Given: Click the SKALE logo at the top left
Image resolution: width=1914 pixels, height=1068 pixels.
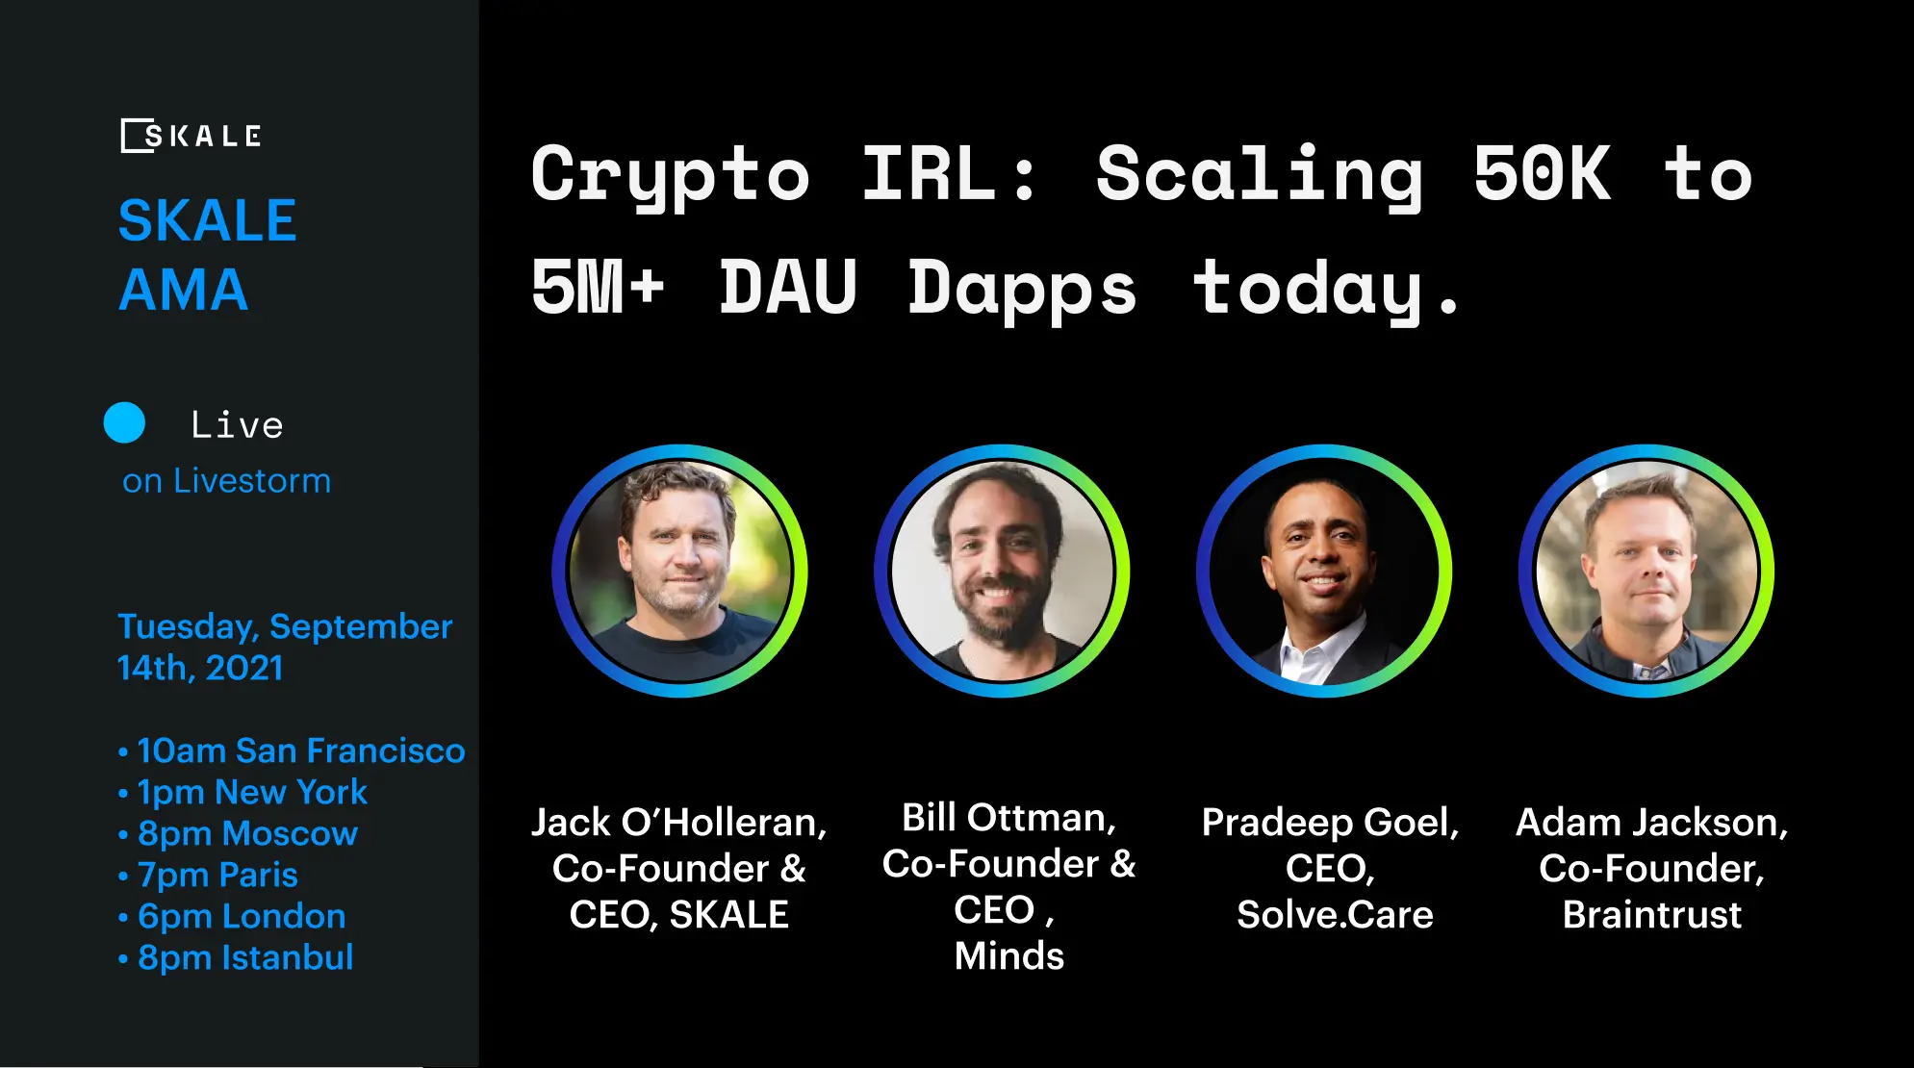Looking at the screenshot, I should click(191, 136).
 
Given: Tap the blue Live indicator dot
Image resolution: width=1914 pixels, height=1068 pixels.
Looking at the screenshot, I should click(124, 423).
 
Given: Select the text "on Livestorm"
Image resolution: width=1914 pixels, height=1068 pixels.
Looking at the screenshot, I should click(226, 480).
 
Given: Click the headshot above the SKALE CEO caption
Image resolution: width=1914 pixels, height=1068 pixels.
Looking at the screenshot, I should click(679, 571).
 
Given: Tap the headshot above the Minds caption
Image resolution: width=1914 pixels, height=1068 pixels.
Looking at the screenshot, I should click(1002, 571).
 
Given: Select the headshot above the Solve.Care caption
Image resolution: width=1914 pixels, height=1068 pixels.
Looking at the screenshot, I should click(1324, 571).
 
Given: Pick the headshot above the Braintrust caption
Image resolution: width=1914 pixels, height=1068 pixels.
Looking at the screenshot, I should click(1646, 571).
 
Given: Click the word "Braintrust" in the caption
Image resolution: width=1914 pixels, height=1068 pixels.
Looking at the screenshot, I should click(1651, 914).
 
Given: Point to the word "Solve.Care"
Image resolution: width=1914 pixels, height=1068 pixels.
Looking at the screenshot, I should click(1335, 914).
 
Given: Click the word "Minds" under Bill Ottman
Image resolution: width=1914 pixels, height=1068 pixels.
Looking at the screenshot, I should click(1008, 955).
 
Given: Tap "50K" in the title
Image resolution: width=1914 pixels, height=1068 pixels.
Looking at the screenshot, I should click(1542, 175).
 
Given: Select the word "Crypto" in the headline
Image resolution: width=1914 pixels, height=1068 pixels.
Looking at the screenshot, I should click(670, 175).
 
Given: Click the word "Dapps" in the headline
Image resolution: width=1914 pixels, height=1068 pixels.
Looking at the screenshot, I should click(1022, 289).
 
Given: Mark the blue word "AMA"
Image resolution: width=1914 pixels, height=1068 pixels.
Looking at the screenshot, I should click(183, 290).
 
